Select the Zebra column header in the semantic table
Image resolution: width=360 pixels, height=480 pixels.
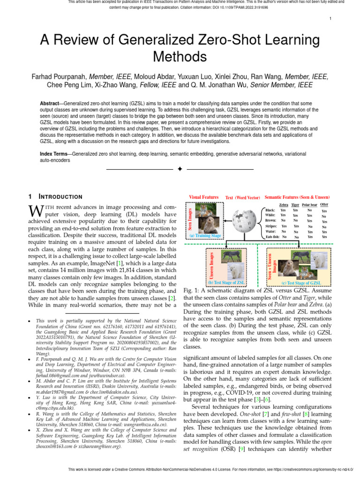click(284, 205)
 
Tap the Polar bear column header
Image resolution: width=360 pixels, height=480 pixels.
click(309, 205)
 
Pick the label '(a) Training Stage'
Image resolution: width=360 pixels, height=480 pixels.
click(205, 236)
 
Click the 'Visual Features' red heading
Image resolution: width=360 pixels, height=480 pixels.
click(203, 197)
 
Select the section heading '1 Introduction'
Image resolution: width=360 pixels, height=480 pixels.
click(55, 196)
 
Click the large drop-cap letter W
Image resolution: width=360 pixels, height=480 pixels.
click(36, 210)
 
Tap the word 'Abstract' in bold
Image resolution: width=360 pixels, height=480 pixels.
click(51, 103)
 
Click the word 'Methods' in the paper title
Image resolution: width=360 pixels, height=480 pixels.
click(180, 57)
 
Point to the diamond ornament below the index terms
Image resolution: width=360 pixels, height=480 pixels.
click(180, 169)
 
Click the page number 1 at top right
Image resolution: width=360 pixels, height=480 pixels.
click(331, 19)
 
